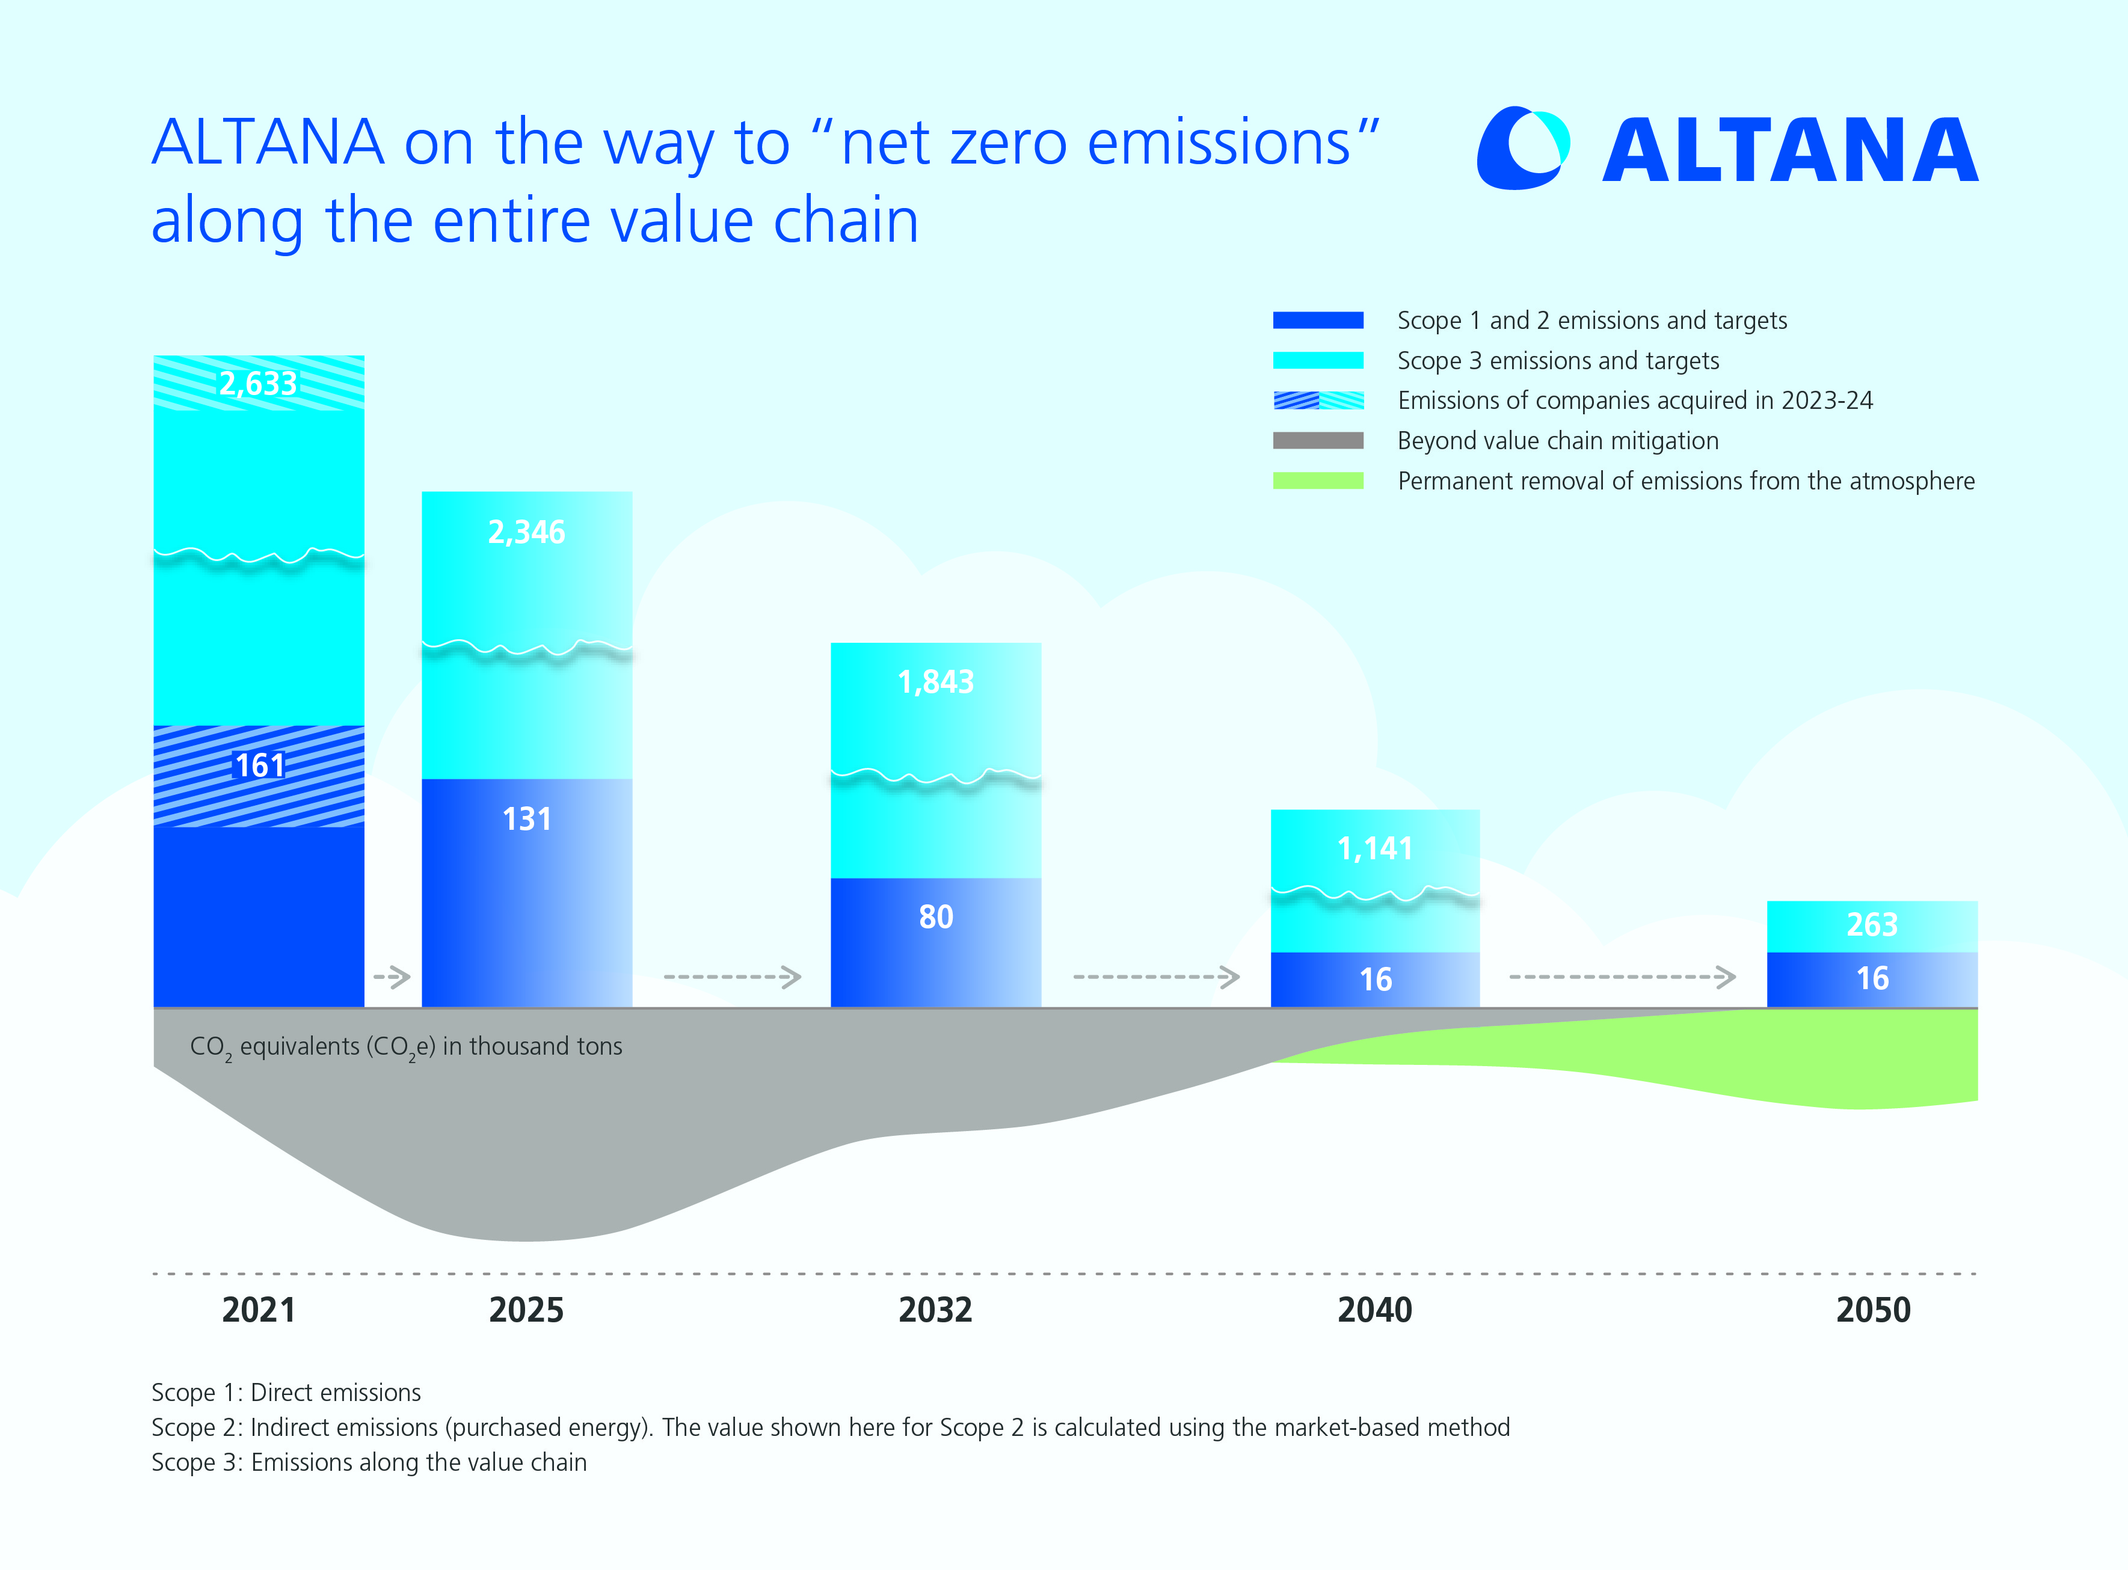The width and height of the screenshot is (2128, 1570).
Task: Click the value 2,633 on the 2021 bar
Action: (x=259, y=384)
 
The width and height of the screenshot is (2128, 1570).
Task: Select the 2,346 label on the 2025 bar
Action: (x=526, y=532)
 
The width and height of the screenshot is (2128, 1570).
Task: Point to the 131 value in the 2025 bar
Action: (x=526, y=819)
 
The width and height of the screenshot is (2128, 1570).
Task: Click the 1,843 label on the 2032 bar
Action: (x=936, y=682)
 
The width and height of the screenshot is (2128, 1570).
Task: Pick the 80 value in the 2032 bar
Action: (x=936, y=917)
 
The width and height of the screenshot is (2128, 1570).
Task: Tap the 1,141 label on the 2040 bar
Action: (x=1376, y=848)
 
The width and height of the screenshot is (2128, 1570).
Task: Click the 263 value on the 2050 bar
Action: (x=1872, y=925)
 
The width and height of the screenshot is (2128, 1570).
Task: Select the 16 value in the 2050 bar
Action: (x=1872, y=979)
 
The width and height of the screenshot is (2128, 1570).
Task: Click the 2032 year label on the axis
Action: (x=936, y=1311)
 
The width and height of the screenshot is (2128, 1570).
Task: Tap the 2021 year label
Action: (x=259, y=1311)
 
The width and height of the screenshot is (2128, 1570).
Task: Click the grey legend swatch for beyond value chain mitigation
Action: (x=1318, y=441)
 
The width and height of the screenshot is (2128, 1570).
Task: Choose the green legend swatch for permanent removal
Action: (x=1318, y=481)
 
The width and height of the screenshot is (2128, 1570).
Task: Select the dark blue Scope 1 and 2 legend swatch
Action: (x=1318, y=320)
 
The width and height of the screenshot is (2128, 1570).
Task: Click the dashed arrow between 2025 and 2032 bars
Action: (x=733, y=977)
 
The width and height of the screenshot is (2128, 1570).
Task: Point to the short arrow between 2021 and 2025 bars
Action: (x=392, y=977)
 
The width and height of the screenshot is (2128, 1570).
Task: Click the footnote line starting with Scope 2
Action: (x=829, y=1427)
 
